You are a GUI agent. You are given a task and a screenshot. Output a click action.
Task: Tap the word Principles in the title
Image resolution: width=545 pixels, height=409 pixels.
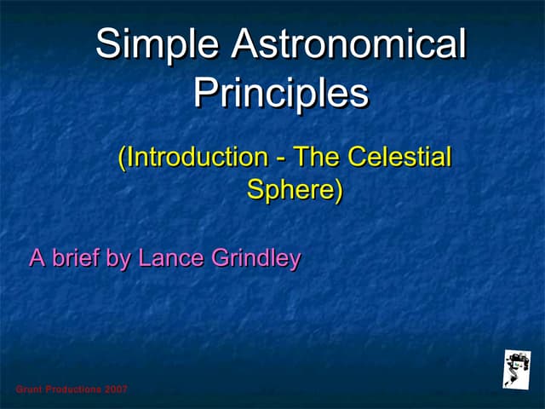point(281,93)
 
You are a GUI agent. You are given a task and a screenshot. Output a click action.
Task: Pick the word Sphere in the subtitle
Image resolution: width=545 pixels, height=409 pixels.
point(290,189)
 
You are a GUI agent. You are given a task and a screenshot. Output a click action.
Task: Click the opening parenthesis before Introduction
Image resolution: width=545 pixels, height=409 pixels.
point(123,158)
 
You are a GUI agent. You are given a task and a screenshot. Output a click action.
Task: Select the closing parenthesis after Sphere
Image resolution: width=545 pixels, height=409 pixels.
point(338,190)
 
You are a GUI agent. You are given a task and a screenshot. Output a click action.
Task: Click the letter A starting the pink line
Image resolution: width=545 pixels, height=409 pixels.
point(37,258)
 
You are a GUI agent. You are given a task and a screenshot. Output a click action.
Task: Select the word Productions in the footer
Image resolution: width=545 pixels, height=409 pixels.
point(73,389)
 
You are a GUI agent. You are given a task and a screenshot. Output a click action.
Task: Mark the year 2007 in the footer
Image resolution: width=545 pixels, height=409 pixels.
point(117,389)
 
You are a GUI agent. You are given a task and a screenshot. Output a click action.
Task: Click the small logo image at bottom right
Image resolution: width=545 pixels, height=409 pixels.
point(517,369)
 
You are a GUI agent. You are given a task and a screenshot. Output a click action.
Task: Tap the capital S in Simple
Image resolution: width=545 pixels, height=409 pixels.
point(106,44)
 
